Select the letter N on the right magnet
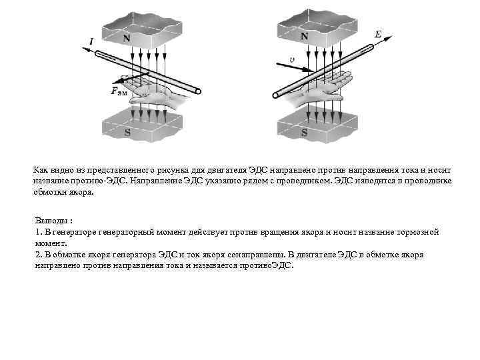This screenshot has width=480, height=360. click(x=303, y=36)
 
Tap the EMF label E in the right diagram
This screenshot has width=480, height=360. click(x=378, y=33)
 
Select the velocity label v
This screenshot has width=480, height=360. click(x=291, y=59)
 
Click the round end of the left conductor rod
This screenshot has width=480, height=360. click(x=198, y=91)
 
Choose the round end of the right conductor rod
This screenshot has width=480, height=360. click(x=275, y=95)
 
